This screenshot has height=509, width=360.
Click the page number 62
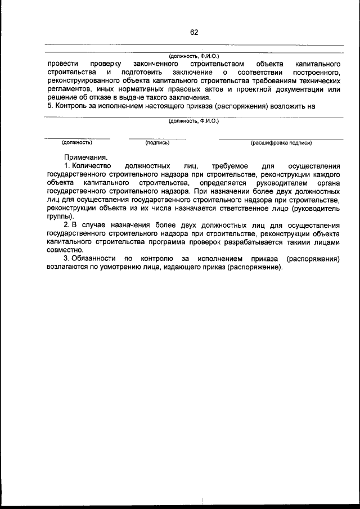[x=194, y=32]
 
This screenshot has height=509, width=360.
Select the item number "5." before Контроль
[x=50, y=106]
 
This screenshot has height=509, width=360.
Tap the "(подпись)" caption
[x=157, y=143]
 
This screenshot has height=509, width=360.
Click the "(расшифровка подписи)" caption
[x=281, y=143]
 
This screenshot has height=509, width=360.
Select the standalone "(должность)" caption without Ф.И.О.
[x=77, y=143]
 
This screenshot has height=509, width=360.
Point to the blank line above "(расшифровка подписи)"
[x=281, y=138]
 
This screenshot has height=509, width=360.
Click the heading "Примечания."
[x=85, y=158]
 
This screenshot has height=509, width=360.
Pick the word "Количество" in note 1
[x=93, y=166]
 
